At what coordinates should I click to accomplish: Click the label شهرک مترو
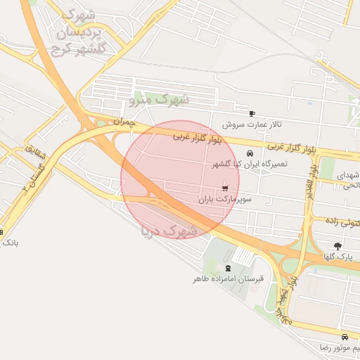(x=160, y=100)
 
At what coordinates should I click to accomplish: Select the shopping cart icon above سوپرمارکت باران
(x=225, y=188)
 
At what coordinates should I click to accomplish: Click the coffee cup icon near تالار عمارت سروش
(x=252, y=113)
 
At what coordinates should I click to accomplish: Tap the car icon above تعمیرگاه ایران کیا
(x=249, y=153)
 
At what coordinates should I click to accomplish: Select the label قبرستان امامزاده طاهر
(x=229, y=279)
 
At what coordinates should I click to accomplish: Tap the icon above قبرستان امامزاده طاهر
(x=226, y=268)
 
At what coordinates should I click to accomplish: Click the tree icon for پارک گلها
(x=338, y=246)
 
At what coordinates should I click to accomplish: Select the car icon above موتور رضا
(x=344, y=337)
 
